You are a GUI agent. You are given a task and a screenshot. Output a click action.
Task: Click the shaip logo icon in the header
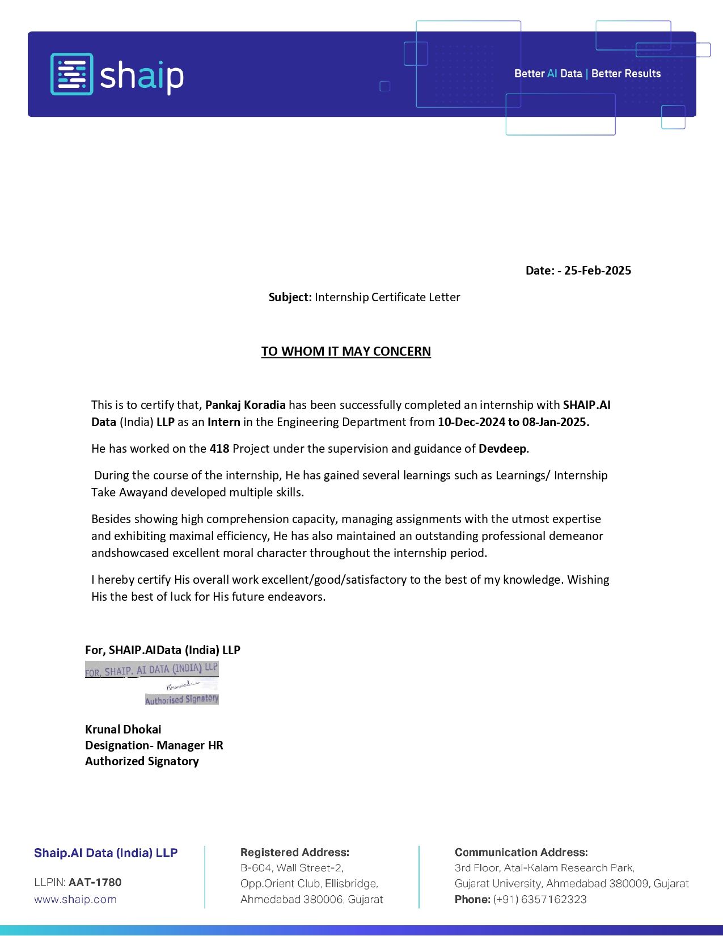[x=71, y=74]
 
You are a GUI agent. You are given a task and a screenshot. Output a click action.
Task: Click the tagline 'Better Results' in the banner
[x=625, y=74]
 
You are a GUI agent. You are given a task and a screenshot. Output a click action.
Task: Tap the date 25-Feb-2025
[x=597, y=271]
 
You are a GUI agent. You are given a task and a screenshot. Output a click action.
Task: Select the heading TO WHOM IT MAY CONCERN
[x=346, y=352]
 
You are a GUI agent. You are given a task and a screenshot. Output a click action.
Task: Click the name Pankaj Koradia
[x=245, y=405]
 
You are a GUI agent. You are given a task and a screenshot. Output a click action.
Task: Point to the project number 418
[x=219, y=449]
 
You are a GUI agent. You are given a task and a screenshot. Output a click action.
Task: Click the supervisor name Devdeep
[x=502, y=449]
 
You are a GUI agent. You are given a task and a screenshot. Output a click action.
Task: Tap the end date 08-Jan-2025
[x=555, y=422]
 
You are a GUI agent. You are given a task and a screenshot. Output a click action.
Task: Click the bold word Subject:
[x=290, y=297]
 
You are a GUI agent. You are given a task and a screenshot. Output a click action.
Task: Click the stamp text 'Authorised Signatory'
[x=182, y=699]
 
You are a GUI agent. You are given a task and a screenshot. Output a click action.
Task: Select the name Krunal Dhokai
[x=123, y=730]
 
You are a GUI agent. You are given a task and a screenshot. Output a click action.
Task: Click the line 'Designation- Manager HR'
[x=154, y=745]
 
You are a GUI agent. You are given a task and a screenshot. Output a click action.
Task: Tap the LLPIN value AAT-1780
[x=95, y=883]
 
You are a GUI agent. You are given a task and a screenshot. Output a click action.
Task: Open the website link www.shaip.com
[x=75, y=900]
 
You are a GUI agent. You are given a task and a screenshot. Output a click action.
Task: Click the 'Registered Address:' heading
[x=294, y=853]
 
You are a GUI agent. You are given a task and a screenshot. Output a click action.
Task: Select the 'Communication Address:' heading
[x=521, y=853]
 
